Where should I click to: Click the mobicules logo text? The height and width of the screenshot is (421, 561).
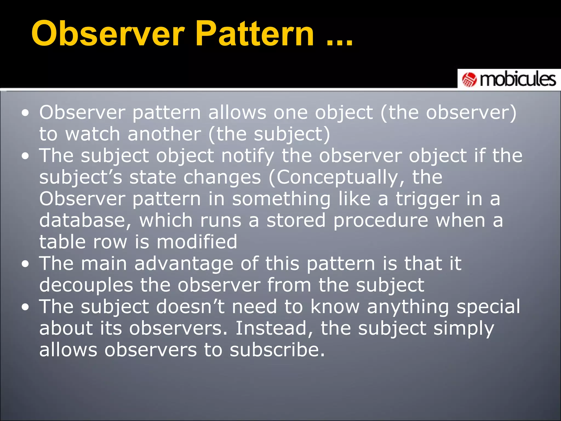(518, 80)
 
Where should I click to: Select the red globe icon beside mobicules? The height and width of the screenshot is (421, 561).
(469, 80)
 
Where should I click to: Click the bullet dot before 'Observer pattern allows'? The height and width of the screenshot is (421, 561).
(25, 113)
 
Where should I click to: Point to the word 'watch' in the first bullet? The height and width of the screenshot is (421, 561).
(93, 134)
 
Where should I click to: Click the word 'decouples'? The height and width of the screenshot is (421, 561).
(86, 285)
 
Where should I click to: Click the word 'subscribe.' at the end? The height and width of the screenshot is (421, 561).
(277, 350)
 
